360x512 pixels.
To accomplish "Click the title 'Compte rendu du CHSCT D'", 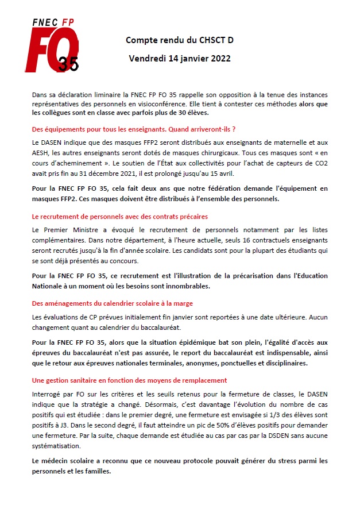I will [x=180, y=40].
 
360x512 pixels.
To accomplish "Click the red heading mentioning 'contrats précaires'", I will [x=119, y=217].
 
